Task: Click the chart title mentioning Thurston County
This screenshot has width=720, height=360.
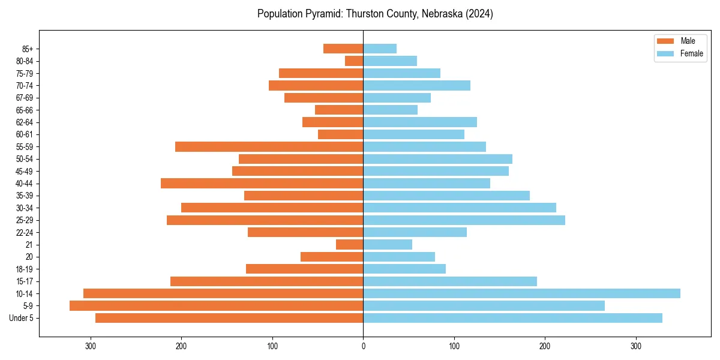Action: click(375, 14)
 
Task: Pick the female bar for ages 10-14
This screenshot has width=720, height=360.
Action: click(521, 293)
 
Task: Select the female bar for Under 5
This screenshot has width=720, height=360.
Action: click(512, 318)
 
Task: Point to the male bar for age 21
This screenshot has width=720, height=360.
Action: click(350, 244)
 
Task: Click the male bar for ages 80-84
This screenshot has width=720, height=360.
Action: click(354, 61)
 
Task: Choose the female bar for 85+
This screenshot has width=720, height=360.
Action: click(380, 49)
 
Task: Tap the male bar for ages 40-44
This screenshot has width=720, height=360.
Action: click(262, 183)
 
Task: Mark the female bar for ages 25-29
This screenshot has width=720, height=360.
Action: click(464, 220)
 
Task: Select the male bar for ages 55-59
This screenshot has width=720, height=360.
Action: click(269, 146)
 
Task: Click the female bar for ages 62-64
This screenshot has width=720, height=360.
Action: click(420, 122)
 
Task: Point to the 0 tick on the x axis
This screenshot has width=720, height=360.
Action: click(363, 346)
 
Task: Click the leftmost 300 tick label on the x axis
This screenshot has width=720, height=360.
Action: click(91, 346)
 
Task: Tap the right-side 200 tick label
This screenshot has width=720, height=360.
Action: click(545, 346)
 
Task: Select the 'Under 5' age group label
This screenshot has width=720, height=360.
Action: click(21, 318)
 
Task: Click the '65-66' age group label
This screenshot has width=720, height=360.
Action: click(24, 110)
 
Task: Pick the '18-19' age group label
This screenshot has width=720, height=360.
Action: click(24, 269)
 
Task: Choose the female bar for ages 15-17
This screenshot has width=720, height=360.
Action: click(450, 281)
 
